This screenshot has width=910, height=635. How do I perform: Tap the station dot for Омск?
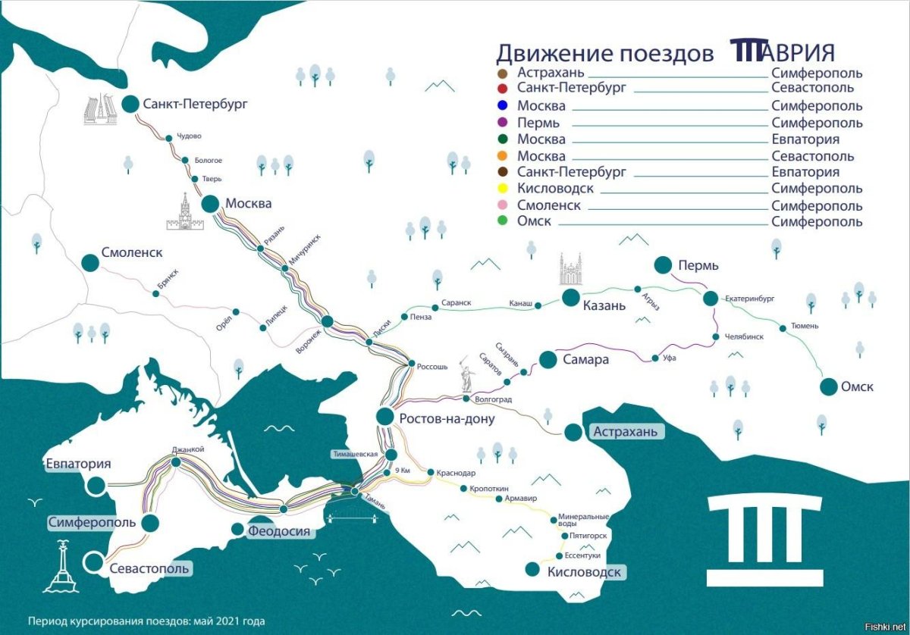(x=828, y=386)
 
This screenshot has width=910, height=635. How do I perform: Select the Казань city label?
(x=604, y=305)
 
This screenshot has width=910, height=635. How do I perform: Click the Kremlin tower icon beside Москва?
(x=182, y=212)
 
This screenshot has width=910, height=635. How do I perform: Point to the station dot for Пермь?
(x=663, y=264)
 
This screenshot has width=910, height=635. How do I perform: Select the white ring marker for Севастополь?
(x=94, y=562)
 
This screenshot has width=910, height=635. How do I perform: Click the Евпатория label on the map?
(x=78, y=464)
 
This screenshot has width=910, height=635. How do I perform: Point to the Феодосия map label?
(x=279, y=531)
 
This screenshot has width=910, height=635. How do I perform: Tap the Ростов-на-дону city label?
(x=447, y=419)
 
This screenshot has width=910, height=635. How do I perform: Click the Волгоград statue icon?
(x=466, y=377)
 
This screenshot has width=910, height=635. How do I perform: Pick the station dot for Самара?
(x=545, y=358)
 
